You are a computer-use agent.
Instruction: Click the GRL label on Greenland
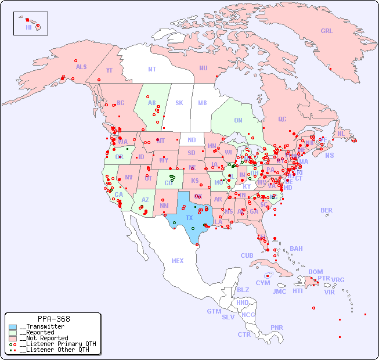tap(327, 31)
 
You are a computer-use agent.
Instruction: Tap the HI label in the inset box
tap(28, 27)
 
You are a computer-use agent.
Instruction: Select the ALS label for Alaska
tap(81, 67)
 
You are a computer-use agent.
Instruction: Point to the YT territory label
tap(109, 70)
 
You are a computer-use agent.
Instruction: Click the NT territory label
tap(152, 69)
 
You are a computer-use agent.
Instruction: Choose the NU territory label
tap(203, 68)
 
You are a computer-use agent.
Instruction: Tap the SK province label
tap(179, 103)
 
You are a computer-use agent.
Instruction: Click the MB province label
tap(202, 103)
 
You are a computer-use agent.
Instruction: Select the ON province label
tap(238, 120)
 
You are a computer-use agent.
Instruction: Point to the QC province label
tap(282, 119)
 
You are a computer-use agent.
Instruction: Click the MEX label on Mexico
tap(178, 261)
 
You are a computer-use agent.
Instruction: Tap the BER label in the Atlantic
tap(326, 210)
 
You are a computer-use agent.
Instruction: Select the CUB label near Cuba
tap(247, 255)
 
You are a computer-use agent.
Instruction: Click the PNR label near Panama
tap(277, 327)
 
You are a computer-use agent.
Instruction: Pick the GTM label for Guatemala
tap(214, 311)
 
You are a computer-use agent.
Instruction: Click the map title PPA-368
tap(53, 319)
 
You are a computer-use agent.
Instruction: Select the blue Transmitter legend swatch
tap(13, 327)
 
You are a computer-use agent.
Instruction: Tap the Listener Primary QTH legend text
tap(57, 344)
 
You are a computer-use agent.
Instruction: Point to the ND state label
tap(192, 140)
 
